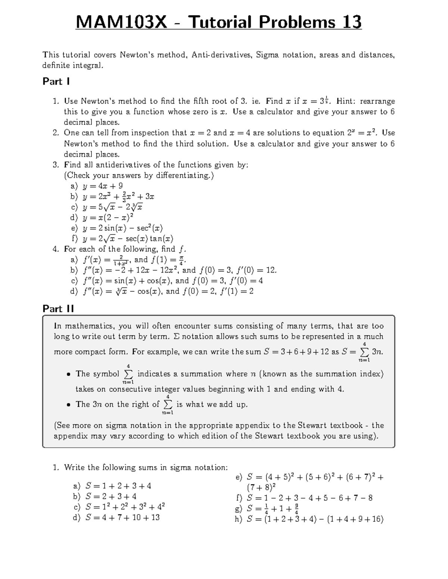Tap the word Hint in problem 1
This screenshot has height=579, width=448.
346,101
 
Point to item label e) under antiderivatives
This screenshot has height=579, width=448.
74,228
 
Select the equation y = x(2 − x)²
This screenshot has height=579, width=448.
108,218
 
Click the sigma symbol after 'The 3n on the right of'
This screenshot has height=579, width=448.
168,405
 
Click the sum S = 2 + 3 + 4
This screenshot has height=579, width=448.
111,497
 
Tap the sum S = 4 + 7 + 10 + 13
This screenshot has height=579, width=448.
122,517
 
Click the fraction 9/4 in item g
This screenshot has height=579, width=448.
296,509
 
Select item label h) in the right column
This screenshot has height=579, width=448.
239,519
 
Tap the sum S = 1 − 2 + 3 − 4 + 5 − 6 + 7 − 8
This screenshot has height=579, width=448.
309,498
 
